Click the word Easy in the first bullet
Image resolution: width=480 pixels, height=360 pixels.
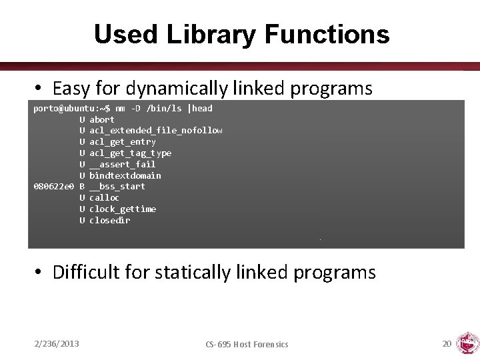point(71,88)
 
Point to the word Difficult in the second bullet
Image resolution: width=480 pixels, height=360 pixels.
point(85,272)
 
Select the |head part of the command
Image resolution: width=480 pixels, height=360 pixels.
point(200,108)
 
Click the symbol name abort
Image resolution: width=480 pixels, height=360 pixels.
point(102,119)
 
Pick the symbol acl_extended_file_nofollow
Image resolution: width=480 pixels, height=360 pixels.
point(156,131)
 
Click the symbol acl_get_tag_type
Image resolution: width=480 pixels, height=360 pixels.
point(130,153)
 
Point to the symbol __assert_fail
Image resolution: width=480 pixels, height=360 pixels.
point(122,164)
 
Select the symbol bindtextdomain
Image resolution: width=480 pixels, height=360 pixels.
point(125,175)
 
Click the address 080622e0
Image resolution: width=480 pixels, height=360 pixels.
point(53,187)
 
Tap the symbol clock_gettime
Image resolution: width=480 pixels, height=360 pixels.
point(123,209)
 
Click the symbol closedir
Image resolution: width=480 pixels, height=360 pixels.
point(109,220)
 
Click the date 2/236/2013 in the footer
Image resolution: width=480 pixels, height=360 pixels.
point(57,343)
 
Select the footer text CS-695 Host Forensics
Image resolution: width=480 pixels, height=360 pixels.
point(247,344)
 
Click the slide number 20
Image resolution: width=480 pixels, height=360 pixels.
point(447,343)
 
